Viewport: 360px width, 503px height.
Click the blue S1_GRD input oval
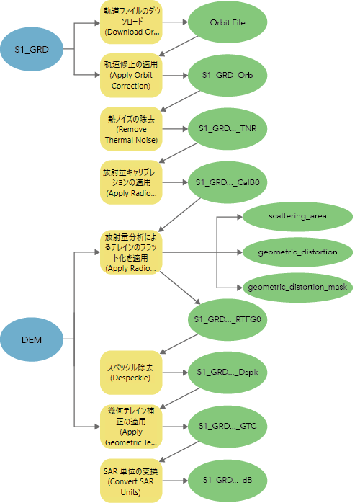[32, 49]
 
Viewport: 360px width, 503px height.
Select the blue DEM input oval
[32, 339]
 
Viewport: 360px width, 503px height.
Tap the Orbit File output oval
[228, 22]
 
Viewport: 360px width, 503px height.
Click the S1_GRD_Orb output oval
[228, 75]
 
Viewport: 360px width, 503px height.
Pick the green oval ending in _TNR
[228, 129]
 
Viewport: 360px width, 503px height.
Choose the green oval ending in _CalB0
[228, 182]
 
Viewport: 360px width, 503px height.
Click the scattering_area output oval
[297, 216]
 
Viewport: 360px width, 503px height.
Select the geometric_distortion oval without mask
[297, 252]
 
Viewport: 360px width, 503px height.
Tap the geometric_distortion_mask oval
[297, 288]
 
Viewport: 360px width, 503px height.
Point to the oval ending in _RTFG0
[228, 319]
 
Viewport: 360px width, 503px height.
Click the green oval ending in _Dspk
[228, 373]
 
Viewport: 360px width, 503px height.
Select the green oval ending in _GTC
[228, 426]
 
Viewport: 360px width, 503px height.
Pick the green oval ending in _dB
[228, 480]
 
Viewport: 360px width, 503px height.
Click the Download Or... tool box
[131, 22]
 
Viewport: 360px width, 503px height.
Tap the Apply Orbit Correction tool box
[131, 75]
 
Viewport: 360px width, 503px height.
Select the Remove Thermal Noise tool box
[131, 129]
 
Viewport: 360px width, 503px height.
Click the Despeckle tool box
[131, 373]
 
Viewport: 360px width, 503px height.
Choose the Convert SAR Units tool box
[131, 481]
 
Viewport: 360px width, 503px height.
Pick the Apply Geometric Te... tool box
[131, 427]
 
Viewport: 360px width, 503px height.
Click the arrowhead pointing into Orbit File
[185, 22]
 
